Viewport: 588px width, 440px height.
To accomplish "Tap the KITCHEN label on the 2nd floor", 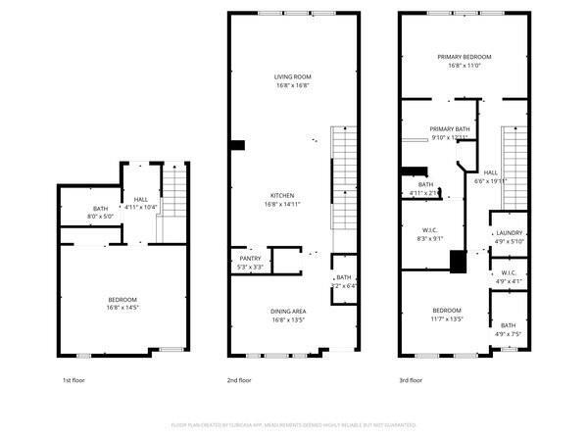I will tap(283, 195).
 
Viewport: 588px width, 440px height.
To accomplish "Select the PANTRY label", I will tap(250, 258).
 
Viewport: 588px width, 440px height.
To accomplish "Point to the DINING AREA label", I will tap(288, 311).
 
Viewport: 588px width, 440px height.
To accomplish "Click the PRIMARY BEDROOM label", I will tap(464, 57).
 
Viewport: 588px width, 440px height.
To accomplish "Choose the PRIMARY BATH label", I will tap(450, 128).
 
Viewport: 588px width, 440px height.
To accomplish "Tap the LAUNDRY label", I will tap(509, 232).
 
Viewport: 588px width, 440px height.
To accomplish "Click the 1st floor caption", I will tap(73, 380).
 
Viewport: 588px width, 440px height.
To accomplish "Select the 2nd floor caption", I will tap(239, 380).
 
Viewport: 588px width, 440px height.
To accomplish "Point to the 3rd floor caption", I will tap(410, 380).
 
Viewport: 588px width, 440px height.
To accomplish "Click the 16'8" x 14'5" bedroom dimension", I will tap(122, 308).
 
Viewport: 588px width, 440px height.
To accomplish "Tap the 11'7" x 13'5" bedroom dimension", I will tap(446, 318).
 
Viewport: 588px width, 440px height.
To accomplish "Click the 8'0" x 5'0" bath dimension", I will tap(100, 217).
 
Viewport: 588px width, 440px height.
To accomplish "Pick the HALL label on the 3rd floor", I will tap(490, 172).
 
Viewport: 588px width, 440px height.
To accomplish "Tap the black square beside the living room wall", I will tap(236, 146).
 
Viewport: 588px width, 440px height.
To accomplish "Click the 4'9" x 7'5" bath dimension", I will tap(508, 334).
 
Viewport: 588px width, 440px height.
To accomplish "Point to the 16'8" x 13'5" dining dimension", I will tap(288, 319).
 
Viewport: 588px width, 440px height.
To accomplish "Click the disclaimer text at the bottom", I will tap(293, 425).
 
